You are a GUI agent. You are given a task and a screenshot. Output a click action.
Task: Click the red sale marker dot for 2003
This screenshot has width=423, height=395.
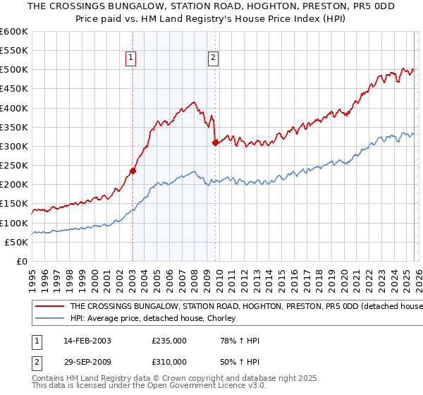coord(133,171)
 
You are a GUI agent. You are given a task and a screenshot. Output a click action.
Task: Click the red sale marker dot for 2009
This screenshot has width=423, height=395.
coord(215,142)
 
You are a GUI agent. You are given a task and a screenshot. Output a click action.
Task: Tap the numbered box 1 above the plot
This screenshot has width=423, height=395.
coord(132,59)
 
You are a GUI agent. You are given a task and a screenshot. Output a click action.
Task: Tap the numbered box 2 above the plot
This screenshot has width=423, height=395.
coord(214,59)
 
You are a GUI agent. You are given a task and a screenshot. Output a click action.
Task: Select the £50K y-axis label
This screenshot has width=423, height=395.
coord(16,242)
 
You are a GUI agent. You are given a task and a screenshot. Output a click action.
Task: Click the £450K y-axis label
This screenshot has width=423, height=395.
coord(14,89)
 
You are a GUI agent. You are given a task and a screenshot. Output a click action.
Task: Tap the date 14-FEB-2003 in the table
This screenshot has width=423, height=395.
coord(87,341)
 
